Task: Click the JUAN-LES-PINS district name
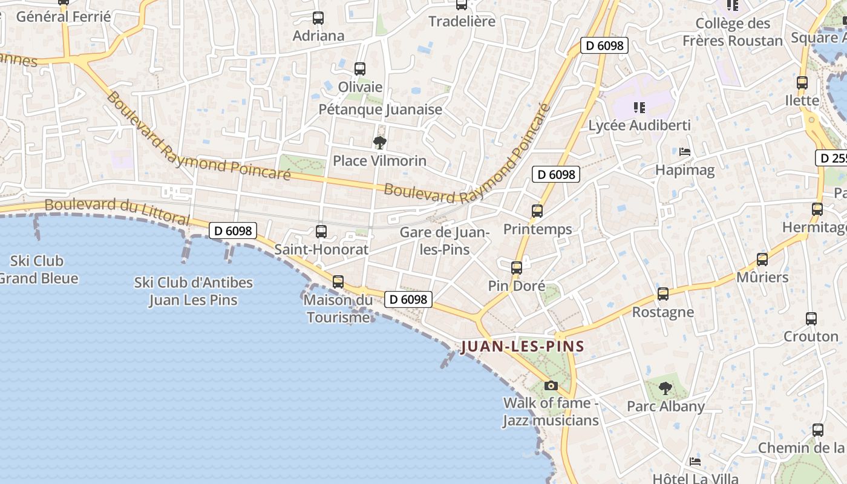coord(522,347)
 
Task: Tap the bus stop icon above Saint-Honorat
coord(321,231)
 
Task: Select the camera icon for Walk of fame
coord(551,385)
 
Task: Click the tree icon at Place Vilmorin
coord(380,143)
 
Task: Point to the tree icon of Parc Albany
coord(665,388)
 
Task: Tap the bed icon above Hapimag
coord(685,152)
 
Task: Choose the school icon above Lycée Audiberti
coord(639,108)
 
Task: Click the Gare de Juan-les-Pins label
coord(445,241)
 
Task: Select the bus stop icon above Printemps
coord(537,211)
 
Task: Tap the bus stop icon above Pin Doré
coord(516,267)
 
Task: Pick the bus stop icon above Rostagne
coord(663,294)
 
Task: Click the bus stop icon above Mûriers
coord(762,260)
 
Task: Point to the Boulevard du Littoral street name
coord(117,212)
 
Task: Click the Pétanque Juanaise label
coord(381,110)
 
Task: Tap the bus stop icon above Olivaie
coord(360,69)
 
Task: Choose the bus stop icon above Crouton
coord(811,318)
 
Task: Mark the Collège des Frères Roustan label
coord(733,32)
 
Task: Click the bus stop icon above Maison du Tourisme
coord(338,281)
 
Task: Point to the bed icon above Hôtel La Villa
coord(695,461)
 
